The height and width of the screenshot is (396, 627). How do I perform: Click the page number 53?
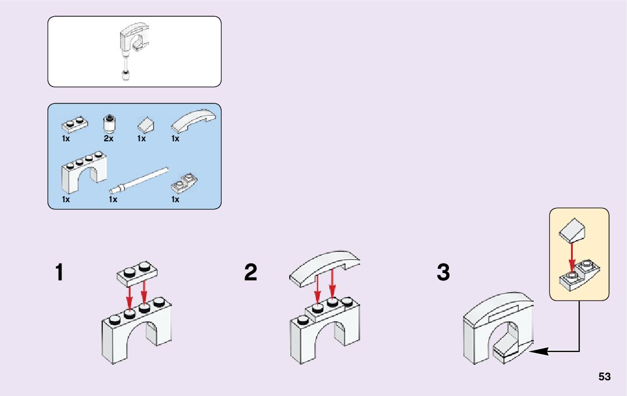click(x=605, y=377)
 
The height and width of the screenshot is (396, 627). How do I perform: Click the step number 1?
click(x=59, y=273)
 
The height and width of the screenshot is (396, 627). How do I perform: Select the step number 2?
click(x=251, y=273)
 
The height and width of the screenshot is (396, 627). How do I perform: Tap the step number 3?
click(x=443, y=273)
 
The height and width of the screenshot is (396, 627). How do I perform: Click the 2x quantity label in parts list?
click(x=108, y=139)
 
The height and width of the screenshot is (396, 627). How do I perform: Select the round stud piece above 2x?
click(x=109, y=122)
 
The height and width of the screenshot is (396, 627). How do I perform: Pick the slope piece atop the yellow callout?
click(x=572, y=230)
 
